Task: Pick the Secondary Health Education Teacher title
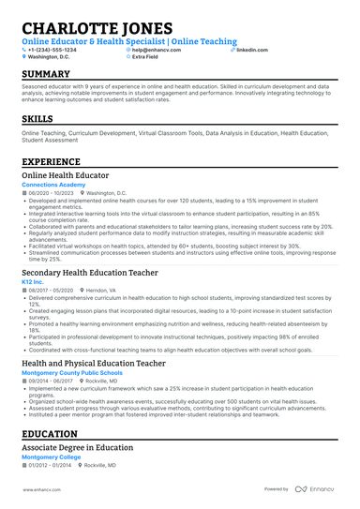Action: pyautogui.click(x=90, y=272)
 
